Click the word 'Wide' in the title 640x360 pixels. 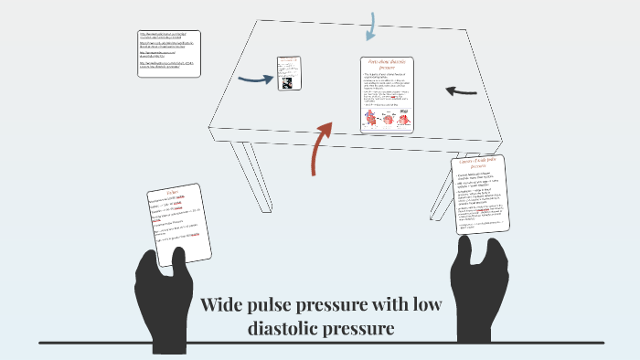pyautogui.click(x=224, y=304)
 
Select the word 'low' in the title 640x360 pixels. pyautogui.click(x=425, y=304)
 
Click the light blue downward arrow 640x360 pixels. pyautogui.click(x=369, y=26)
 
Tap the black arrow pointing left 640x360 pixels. pyautogui.click(x=461, y=91)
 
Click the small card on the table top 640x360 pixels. pyautogui.click(x=289, y=72)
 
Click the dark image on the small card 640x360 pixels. pyautogui.click(x=288, y=81)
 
